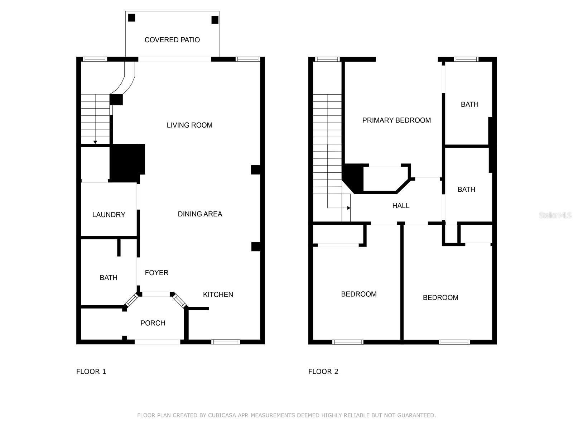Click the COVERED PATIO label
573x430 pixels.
pos(172,40)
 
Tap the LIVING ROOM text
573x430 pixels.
pos(189,125)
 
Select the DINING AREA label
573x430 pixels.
pos(200,214)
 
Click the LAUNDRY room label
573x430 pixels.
pos(109,215)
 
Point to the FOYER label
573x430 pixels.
pos(157,273)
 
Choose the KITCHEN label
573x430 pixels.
pos(218,295)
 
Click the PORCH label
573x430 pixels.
pos(153,323)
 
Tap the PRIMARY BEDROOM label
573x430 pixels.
pos(396,120)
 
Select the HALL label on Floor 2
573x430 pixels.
pos(400,206)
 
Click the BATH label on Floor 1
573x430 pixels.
pos(109,278)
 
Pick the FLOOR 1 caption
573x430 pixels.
pos(91,372)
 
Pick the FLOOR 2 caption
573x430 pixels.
pos(323,372)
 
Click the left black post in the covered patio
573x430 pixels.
pos(132,18)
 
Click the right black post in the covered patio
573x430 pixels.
pos(215,20)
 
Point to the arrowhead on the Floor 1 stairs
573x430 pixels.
pos(95,142)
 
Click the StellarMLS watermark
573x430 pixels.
pos(555,215)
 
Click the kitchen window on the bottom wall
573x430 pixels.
pos(226,342)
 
